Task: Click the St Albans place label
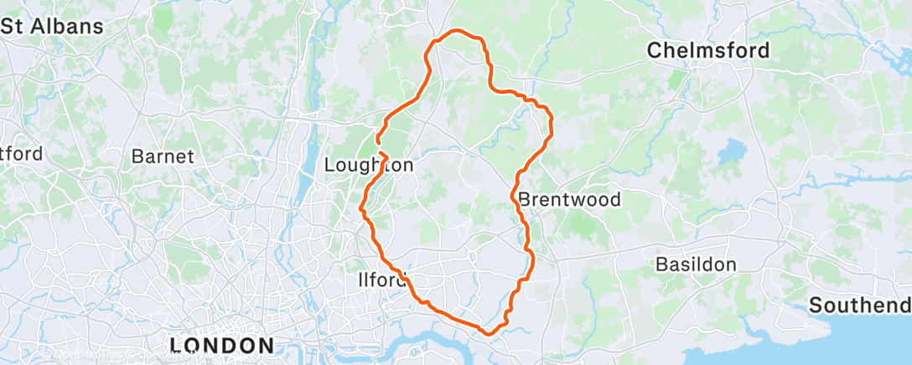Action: point(52,26)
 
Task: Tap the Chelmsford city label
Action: point(708,51)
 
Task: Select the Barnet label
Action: point(163,157)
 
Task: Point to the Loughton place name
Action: point(369,166)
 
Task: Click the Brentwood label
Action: point(570,200)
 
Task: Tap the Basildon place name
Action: point(696,265)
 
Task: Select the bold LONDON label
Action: point(221,345)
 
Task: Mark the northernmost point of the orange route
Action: point(457,31)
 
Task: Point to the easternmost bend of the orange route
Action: point(552,126)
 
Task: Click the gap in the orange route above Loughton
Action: point(380,147)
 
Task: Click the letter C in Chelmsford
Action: point(655,51)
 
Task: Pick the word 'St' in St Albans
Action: point(12,26)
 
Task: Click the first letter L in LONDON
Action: point(177,345)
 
